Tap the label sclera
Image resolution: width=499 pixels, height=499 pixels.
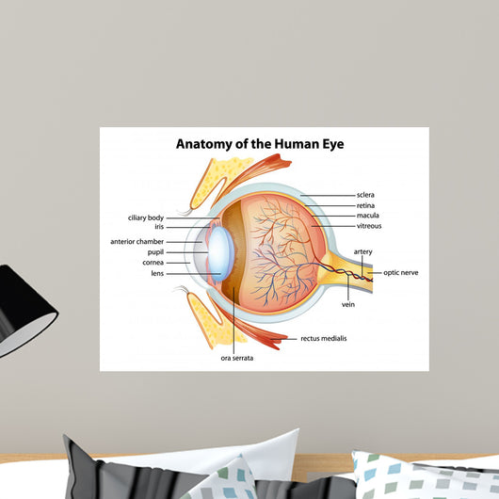point(365,195)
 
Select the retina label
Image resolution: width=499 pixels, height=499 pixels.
point(365,205)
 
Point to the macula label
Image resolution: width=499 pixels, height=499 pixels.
point(367,216)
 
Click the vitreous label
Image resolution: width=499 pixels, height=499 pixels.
point(369,226)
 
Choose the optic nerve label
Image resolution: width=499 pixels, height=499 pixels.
point(401,273)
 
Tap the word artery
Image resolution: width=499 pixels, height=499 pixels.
point(362,251)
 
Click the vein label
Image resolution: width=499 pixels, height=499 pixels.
point(348,304)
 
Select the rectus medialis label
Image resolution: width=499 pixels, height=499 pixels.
point(324,338)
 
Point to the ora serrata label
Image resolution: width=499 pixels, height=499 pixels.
point(237,358)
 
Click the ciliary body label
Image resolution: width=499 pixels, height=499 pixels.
point(146,218)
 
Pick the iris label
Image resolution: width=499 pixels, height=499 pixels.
point(159,227)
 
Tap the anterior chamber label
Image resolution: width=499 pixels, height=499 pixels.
point(137,242)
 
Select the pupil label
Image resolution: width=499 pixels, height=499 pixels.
point(155,252)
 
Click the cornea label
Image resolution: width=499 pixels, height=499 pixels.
point(153,263)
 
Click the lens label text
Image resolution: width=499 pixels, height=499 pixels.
point(157,273)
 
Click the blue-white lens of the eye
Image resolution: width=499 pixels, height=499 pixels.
point(221,253)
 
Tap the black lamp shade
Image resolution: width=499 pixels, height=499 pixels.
point(23,312)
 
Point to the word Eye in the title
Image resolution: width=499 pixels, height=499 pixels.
point(333,144)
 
